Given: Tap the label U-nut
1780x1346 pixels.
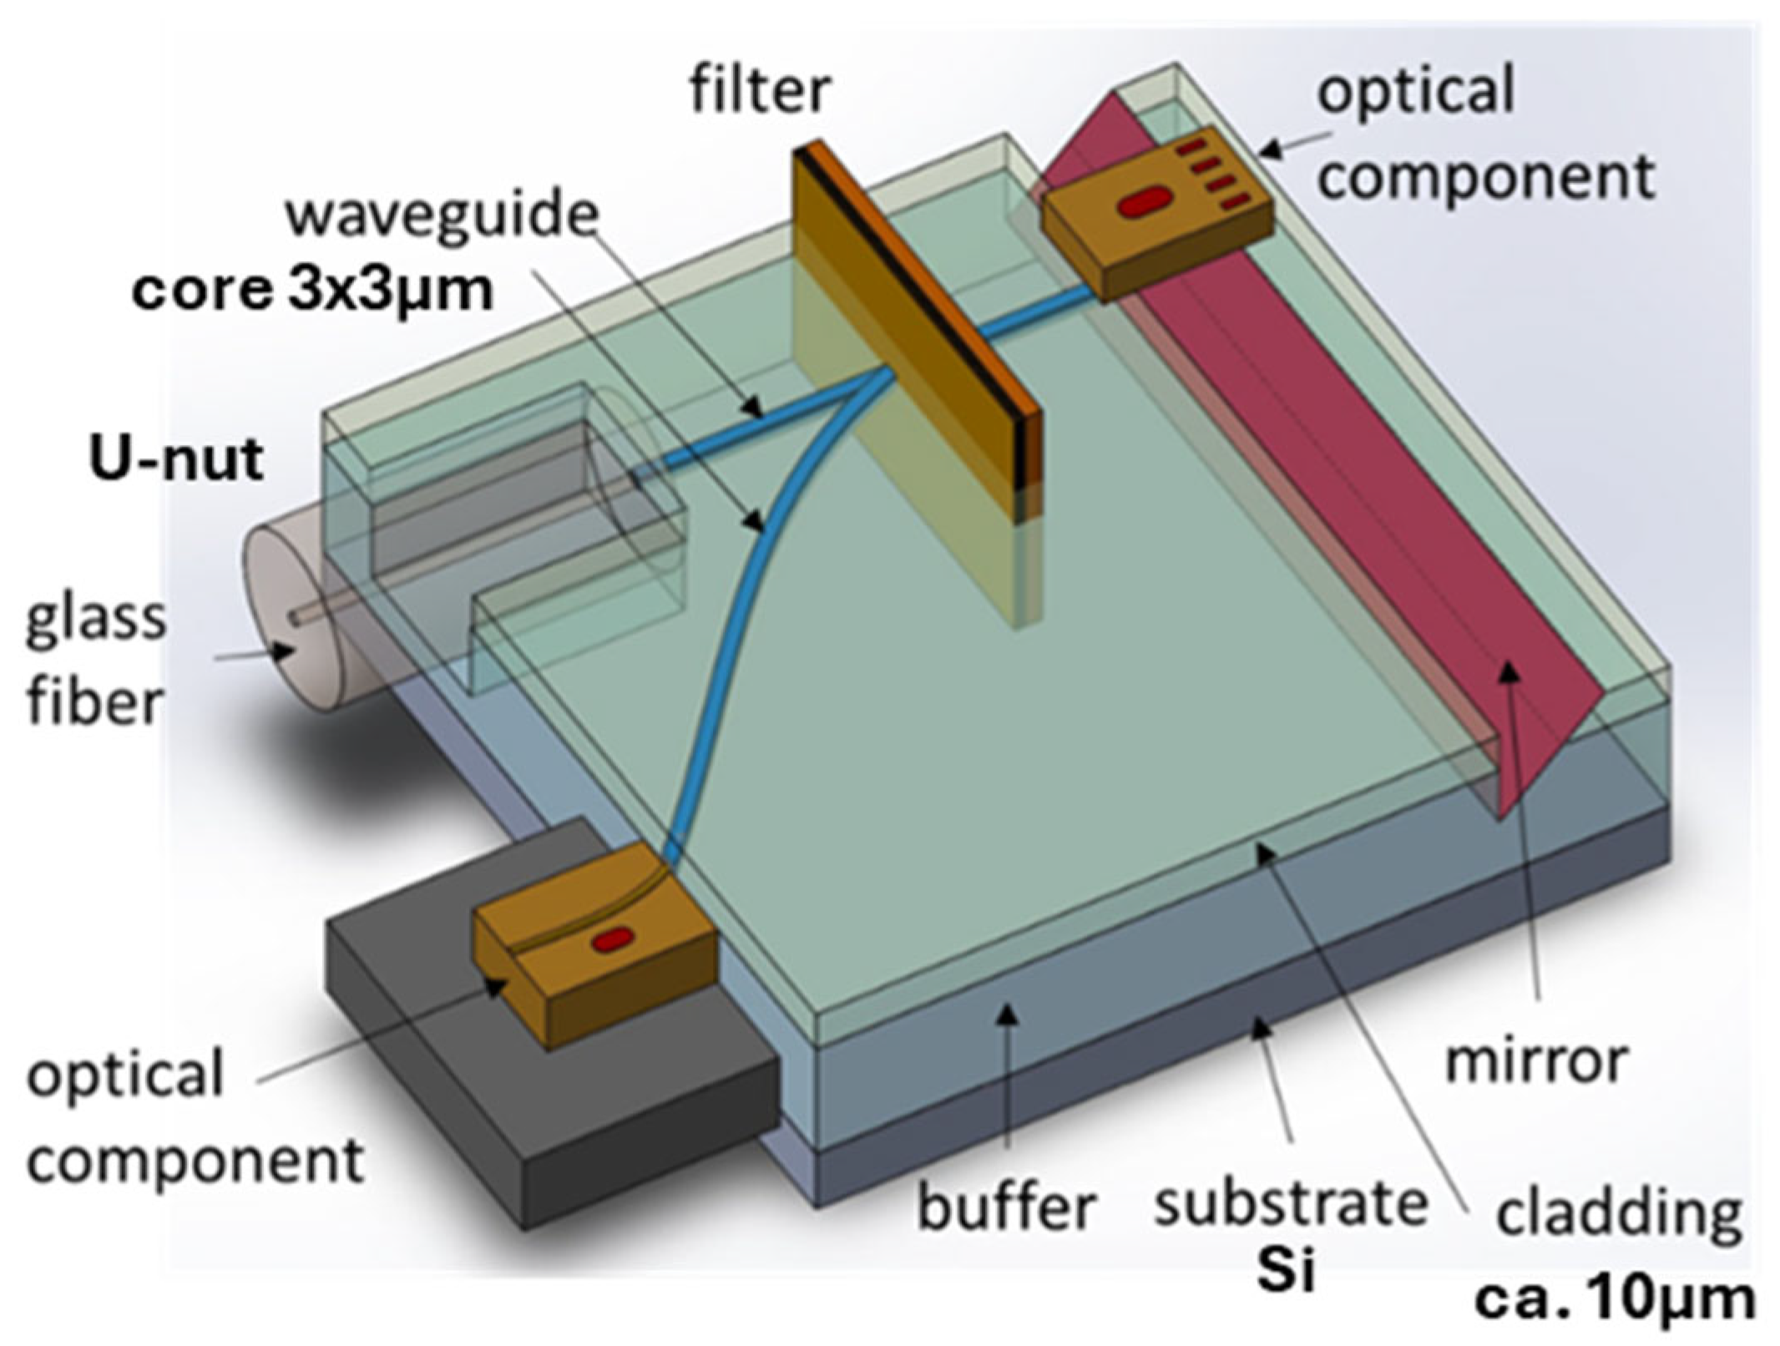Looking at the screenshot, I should click(176, 460).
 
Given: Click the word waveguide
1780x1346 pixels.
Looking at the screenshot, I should click(442, 216).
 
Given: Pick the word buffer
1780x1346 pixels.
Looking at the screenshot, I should click(1006, 1206).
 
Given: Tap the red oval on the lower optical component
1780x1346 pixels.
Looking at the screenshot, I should click(612, 940).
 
